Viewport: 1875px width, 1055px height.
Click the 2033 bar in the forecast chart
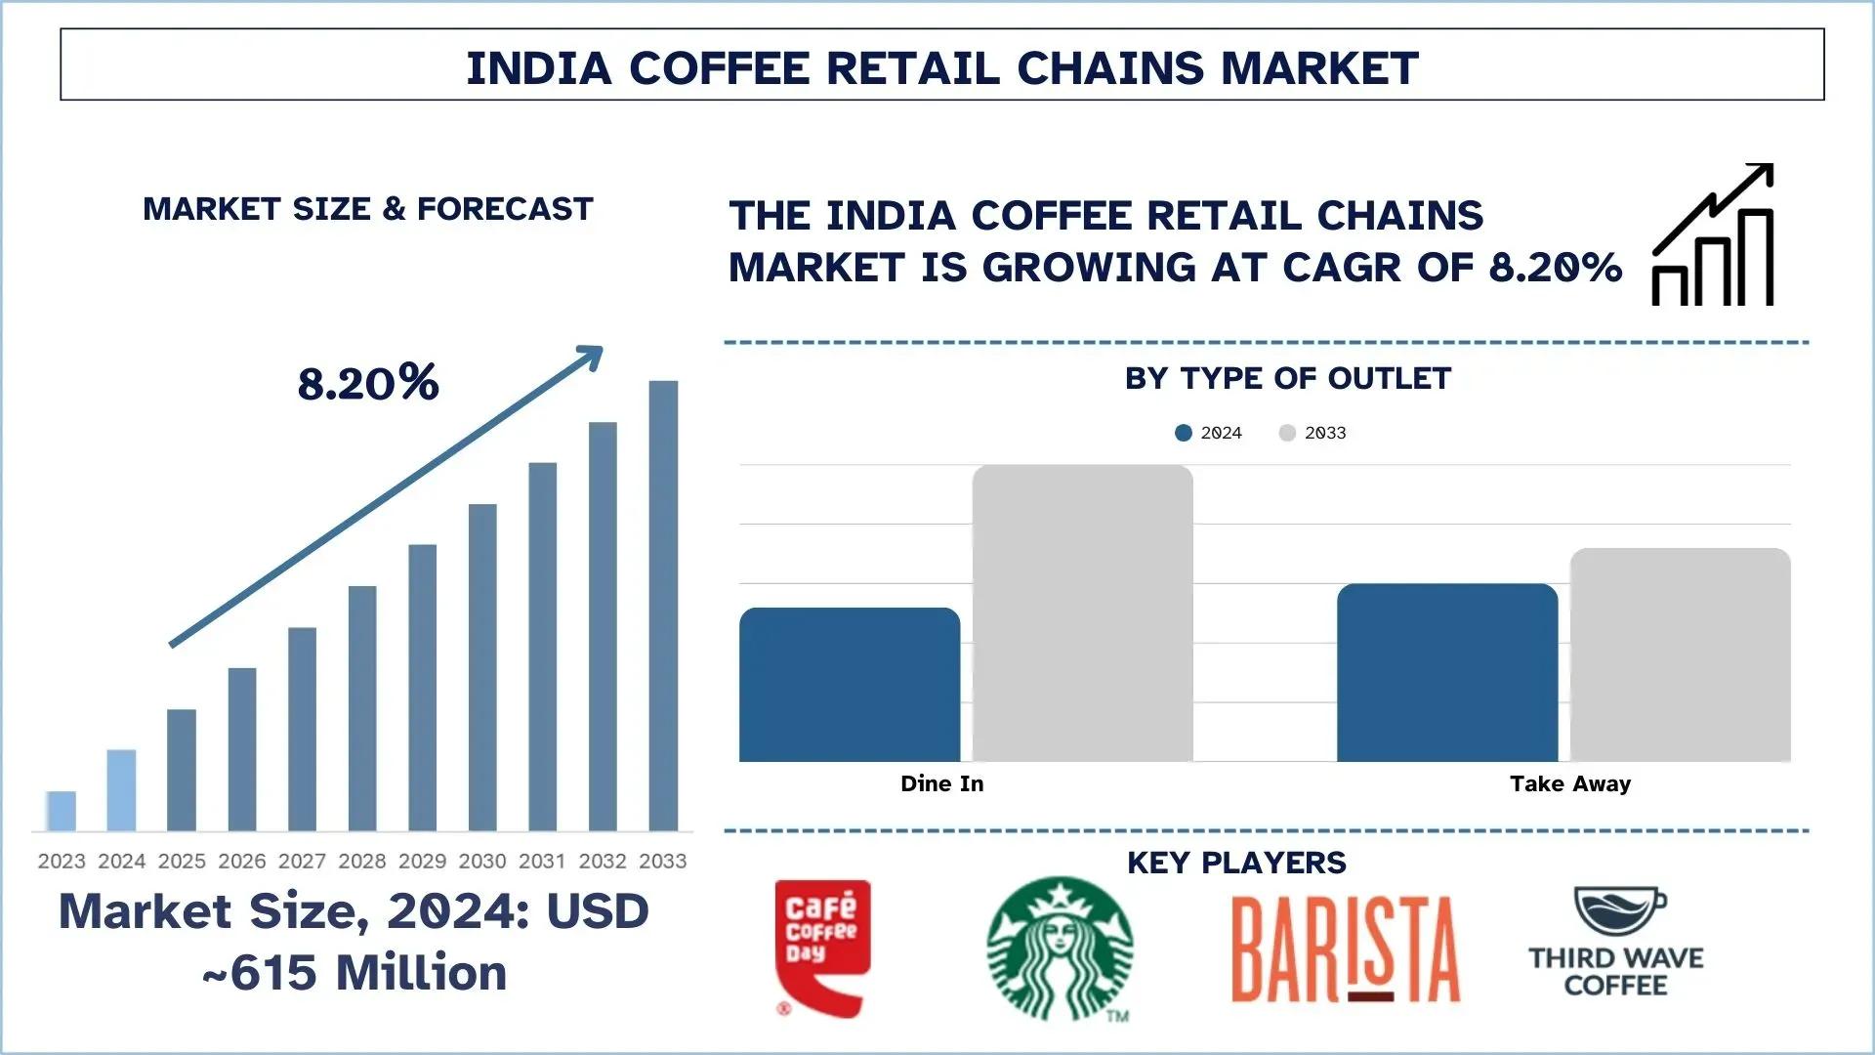click(663, 606)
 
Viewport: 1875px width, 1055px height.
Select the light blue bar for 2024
click(121, 790)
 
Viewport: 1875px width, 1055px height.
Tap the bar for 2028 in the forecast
click(362, 708)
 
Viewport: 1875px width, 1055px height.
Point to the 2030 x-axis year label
click(482, 861)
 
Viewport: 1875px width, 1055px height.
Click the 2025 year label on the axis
click(182, 861)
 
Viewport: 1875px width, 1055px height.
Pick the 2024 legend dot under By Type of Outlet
click(1184, 433)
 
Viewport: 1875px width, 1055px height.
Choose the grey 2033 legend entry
click(1312, 433)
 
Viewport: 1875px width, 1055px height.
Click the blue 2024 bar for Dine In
click(850, 684)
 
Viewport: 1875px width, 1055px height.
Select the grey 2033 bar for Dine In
click(1082, 612)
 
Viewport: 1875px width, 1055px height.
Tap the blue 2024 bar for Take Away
click(1447, 672)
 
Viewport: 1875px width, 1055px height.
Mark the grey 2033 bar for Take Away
click(1680, 654)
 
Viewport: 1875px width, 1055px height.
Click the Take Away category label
click(1569, 783)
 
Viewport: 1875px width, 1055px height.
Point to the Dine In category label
click(941, 783)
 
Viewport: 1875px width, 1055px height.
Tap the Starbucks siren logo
click(1060, 949)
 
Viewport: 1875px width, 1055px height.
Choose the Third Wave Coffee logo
click(1616, 943)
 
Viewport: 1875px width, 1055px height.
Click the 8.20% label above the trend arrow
click(368, 382)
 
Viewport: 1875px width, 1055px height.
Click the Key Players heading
click(1236, 863)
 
